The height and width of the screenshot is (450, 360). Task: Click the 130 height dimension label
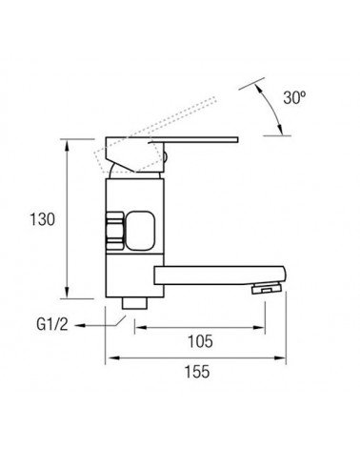pos(42,219)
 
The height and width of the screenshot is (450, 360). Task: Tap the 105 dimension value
pos(200,341)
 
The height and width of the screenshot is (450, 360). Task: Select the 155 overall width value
pos(197,372)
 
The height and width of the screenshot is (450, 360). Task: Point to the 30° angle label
pos(294,97)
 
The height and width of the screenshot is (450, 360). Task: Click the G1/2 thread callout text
pos(52,324)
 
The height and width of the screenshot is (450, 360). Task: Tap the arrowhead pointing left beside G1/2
pos(80,325)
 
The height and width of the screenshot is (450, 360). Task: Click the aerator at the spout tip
pos(267,289)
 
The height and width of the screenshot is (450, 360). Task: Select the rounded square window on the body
pos(141,230)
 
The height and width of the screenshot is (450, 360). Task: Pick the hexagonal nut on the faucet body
pos(114,230)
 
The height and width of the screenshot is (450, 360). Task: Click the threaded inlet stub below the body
pos(134,303)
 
